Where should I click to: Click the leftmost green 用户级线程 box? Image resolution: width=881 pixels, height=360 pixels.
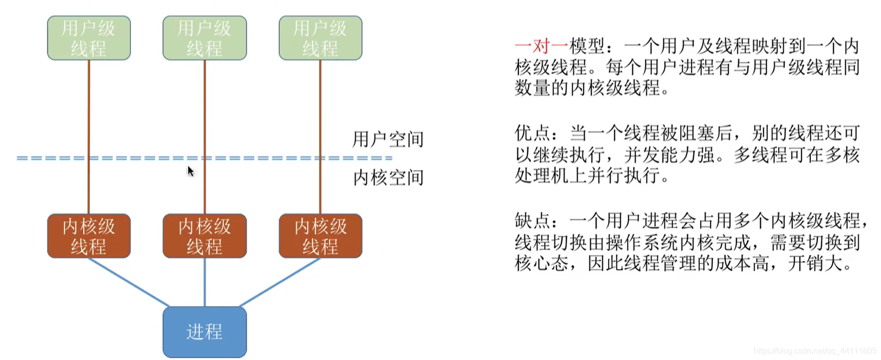(x=89, y=38)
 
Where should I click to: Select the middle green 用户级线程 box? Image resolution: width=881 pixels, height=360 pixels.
(x=205, y=38)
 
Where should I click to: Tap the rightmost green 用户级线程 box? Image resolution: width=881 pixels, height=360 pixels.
(x=321, y=38)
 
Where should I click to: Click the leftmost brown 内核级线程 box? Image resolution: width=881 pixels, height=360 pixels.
(x=89, y=236)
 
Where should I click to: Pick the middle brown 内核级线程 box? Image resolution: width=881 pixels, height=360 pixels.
(x=205, y=236)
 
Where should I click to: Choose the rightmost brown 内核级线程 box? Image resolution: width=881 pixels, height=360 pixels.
(x=321, y=236)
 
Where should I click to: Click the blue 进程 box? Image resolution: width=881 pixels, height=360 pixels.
(x=205, y=332)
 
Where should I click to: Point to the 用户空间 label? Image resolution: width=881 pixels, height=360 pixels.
(x=388, y=139)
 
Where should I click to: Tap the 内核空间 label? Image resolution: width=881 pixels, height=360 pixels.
(x=388, y=177)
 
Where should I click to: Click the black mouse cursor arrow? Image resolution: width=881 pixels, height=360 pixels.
(x=191, y=171)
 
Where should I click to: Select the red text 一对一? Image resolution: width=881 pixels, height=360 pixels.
(x=541, y=46)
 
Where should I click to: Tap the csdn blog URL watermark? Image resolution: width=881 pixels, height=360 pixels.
(x=815, y=351)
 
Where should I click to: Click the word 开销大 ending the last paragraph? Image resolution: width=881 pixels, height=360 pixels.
(x=820, y=263)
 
